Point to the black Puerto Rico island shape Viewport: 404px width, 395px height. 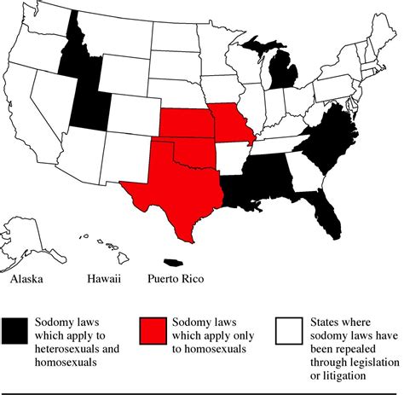[173, 260]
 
